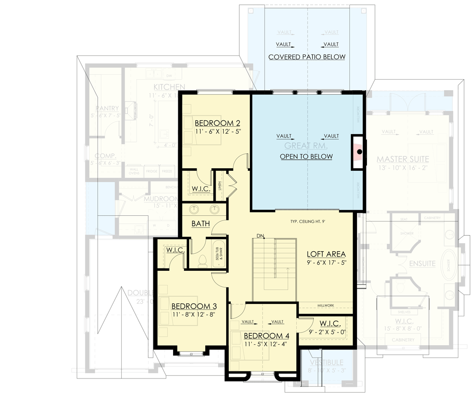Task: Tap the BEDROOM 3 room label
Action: click(194, 306)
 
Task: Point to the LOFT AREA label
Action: click(326, 254)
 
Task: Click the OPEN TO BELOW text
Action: click(306, 157)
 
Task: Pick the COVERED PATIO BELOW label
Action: click(307, 57)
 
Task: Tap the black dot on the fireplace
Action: click(360, 152)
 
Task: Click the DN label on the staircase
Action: click(260, 236)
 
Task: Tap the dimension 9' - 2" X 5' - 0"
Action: click(328, 332)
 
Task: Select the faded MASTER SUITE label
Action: click(403, 159)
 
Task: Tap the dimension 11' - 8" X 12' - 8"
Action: click(194, 314)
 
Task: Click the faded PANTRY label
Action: click(107, 109)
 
